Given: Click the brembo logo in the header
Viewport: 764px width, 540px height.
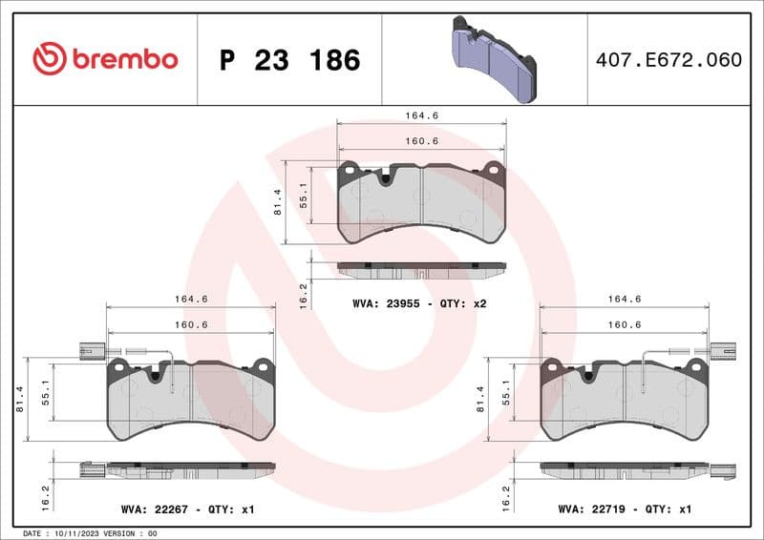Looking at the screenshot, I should click(x=105, y=59).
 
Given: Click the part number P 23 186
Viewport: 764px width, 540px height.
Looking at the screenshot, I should click(x=289, y=60).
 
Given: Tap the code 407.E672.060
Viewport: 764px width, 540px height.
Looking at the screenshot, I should click(x=668, y=59).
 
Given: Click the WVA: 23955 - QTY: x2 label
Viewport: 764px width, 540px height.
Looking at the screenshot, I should click(x=420, y=303).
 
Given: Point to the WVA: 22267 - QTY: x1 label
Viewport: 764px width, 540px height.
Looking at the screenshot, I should click(x=187, y=510).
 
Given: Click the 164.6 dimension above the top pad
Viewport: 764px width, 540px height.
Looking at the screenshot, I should click(x=421, y=115).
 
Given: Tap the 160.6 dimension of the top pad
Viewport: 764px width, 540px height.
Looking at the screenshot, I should click(x=421, y=141).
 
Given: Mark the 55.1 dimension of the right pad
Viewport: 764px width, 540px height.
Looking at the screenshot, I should click(x=507, y=393).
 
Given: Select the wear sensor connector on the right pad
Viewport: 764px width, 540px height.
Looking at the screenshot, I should click(x=723, y=351).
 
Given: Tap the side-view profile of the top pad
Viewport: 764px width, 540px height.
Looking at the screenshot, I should click(x=422, y=270).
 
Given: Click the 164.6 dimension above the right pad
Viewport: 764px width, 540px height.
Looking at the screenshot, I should click(x=625, y=299).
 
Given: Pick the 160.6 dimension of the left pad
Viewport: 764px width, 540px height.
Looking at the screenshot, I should click(x=190, y=324).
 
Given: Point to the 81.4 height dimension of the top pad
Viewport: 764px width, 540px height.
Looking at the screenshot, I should click(x=278, y=201).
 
